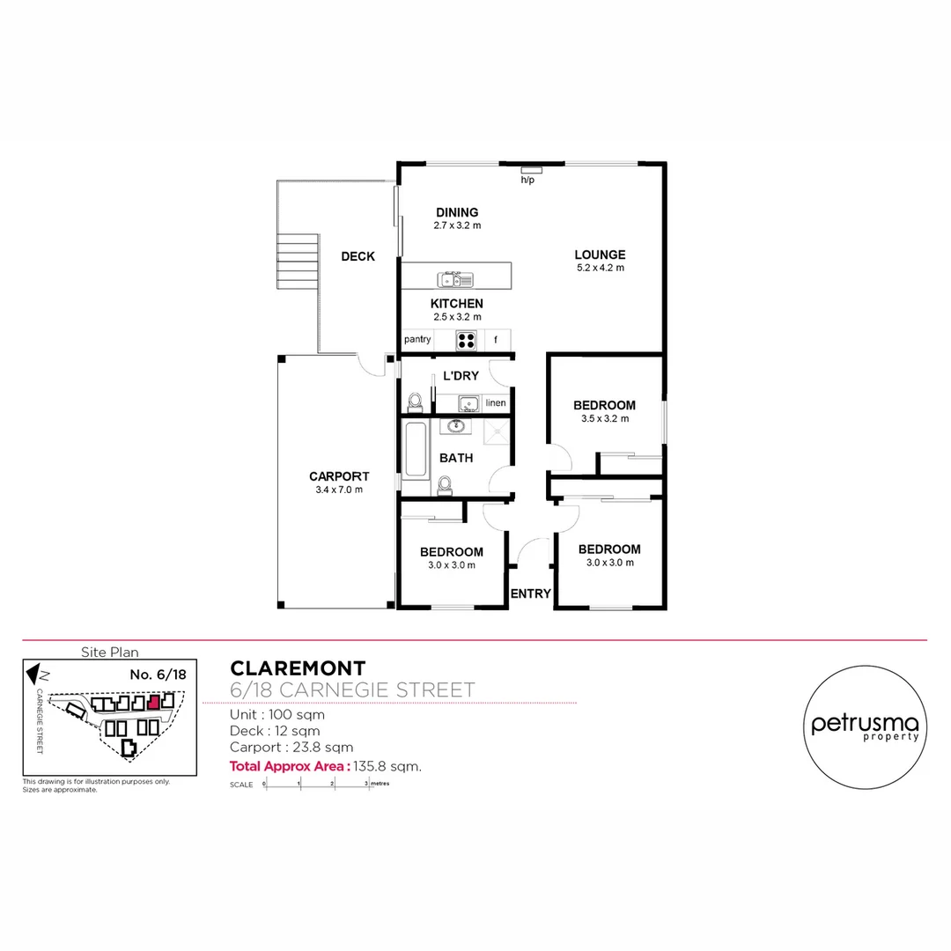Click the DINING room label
(x=457, y=212)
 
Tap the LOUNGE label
(x=601, y=254)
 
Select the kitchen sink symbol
(x=456, y=280)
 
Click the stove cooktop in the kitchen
(x=466, y=339)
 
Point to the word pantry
(x=417, y=339)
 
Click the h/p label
(x=527, y=180)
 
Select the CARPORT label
(x=339, y=476)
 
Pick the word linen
(x=496, y=403)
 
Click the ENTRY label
(x=531, y=593)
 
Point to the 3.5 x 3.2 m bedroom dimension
(x=604, y=419)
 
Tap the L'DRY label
(x=461, y=376)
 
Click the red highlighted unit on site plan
(x=154, y=703)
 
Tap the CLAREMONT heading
(x=298, y=669)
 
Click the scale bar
(x=317, y=784)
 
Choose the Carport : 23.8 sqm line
(x=291, y=748)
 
